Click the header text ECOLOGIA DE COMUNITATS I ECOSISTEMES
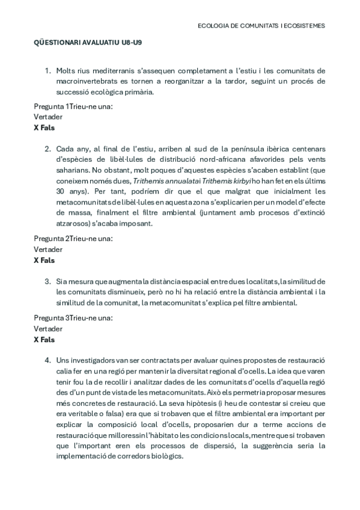click(261, 26)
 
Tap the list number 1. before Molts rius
click(48, 70)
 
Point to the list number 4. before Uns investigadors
click(48, 360)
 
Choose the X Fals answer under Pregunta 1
click(44, 128)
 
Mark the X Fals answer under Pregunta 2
click(44, 260)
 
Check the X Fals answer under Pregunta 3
click(44, 339)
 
